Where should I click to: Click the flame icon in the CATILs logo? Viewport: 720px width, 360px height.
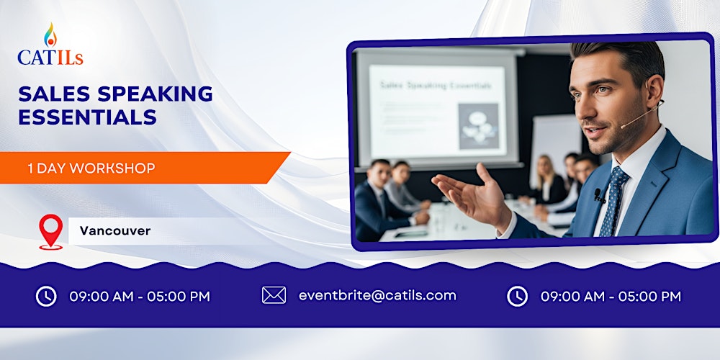(50, 35)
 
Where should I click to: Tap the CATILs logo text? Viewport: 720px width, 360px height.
(50, 57)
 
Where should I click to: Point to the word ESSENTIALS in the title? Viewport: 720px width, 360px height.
(87, 117)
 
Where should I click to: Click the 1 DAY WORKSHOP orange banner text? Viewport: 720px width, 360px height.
(91, 168)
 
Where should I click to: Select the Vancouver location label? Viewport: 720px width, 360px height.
(115, 231)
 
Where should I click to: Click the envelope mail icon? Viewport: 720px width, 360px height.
(274, 295)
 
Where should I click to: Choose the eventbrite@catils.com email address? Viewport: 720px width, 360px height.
(377, 295)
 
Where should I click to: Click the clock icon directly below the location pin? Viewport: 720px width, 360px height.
(46, 296)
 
